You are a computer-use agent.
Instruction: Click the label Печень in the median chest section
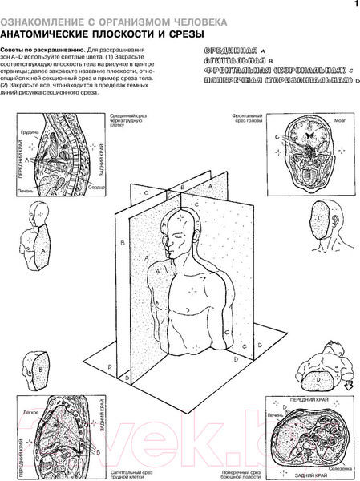tap(23, 191)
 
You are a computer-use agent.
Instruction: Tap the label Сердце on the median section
tap(97, 186)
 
